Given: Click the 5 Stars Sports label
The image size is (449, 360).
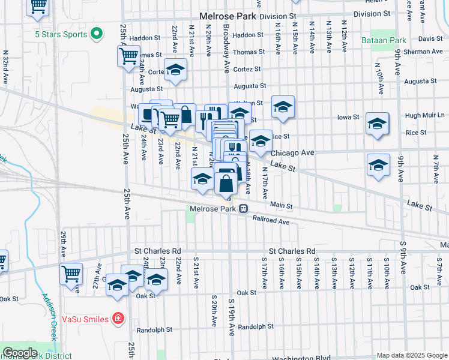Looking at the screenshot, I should coord(61,34).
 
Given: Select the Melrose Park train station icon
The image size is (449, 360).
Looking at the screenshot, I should coord(244,209).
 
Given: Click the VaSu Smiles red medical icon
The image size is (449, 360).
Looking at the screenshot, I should coord(119,317).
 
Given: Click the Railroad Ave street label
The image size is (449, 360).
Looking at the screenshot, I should coord(271,221).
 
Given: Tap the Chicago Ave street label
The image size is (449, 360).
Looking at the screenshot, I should coord(296,153).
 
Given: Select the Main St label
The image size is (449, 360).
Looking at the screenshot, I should coord(281,206).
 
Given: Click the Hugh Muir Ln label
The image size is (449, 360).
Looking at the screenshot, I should coord(425,115).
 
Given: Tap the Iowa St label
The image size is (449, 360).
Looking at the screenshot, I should coord(348,117).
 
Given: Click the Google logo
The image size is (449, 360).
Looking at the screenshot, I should coord(19,353).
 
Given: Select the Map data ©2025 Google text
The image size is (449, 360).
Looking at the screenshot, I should coord(411,355).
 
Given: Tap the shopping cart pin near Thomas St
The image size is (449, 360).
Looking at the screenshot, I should coord(128,56).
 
